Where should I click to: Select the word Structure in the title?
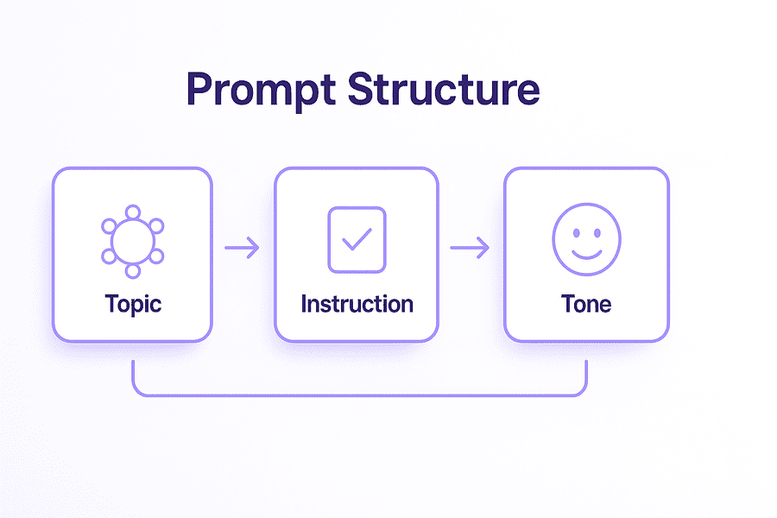(x=444, y=89)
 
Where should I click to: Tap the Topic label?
(x=133, y=304)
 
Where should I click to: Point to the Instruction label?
(x=357, y=304)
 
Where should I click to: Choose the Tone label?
(x=586, y=304)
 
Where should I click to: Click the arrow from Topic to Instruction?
(x=242, y=249)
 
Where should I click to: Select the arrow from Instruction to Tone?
(x=470, y=249)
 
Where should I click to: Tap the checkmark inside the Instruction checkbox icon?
(x=357, y=239)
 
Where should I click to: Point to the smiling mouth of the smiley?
(x=586, y=252)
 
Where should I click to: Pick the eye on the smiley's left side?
(x=575, y=230)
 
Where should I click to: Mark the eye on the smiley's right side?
(x=597, y=230)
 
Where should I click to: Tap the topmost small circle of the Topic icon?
(x=132, y=212)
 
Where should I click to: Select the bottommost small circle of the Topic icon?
(x=132, y=270)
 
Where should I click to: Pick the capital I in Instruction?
(x=304, y=304)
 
